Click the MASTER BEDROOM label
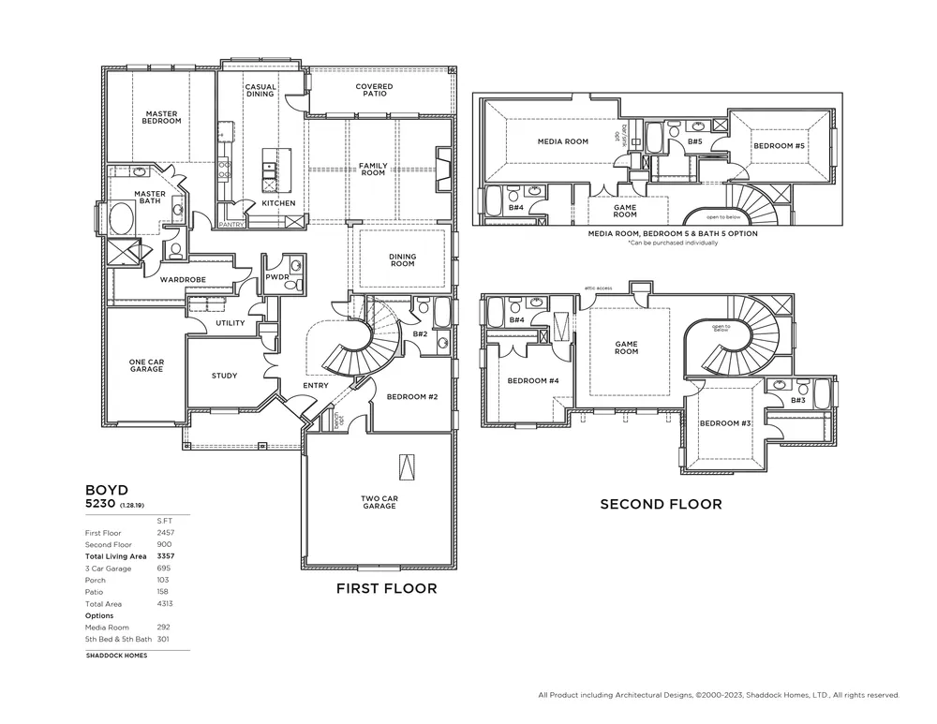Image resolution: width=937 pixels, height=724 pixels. pyautogui.click(x=161, y=117)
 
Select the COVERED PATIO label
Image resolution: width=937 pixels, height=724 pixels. pyautogui.click(x=374, y=90)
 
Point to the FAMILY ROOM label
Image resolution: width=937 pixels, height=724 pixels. pyautogui.click(x=373, y=170)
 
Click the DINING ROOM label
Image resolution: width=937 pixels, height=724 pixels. pyautogui.click(x=402, y=259)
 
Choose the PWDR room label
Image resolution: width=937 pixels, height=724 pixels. pyautogui.click(x=276, y=277)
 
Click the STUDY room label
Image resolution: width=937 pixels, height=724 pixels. pyautogui.click(x=224, y=376)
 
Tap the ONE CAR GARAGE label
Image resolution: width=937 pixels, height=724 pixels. pyautogui.click(x=146, y=365)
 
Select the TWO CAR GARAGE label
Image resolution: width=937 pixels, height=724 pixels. pyautogui.click(x=379, y=502)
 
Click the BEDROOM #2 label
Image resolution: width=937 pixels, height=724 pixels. pyautogui.click(x=412, y=396)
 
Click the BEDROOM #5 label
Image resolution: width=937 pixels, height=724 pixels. pyautogui.click(x=779, y=146)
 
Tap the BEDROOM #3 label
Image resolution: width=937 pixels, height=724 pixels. pyautogui.click(x=726, y=423)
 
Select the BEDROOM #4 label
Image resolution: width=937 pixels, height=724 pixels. pyautogui.click(x=533, y=380)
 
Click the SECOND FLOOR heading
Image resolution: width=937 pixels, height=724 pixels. pyautogui.click(x=661, y=504)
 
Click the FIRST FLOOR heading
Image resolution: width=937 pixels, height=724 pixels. pyautogui.click(x=387, y=589)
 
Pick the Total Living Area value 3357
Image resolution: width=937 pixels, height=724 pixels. pyautogui.click(x=166, y=556)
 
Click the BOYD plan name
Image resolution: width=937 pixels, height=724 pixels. pyautogui.click(x=106, y=489)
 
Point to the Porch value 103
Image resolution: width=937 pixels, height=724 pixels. pyautogui.click(x=166, y=580)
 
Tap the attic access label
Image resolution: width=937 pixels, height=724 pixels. pyautogui.click(x=598, y=288)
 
